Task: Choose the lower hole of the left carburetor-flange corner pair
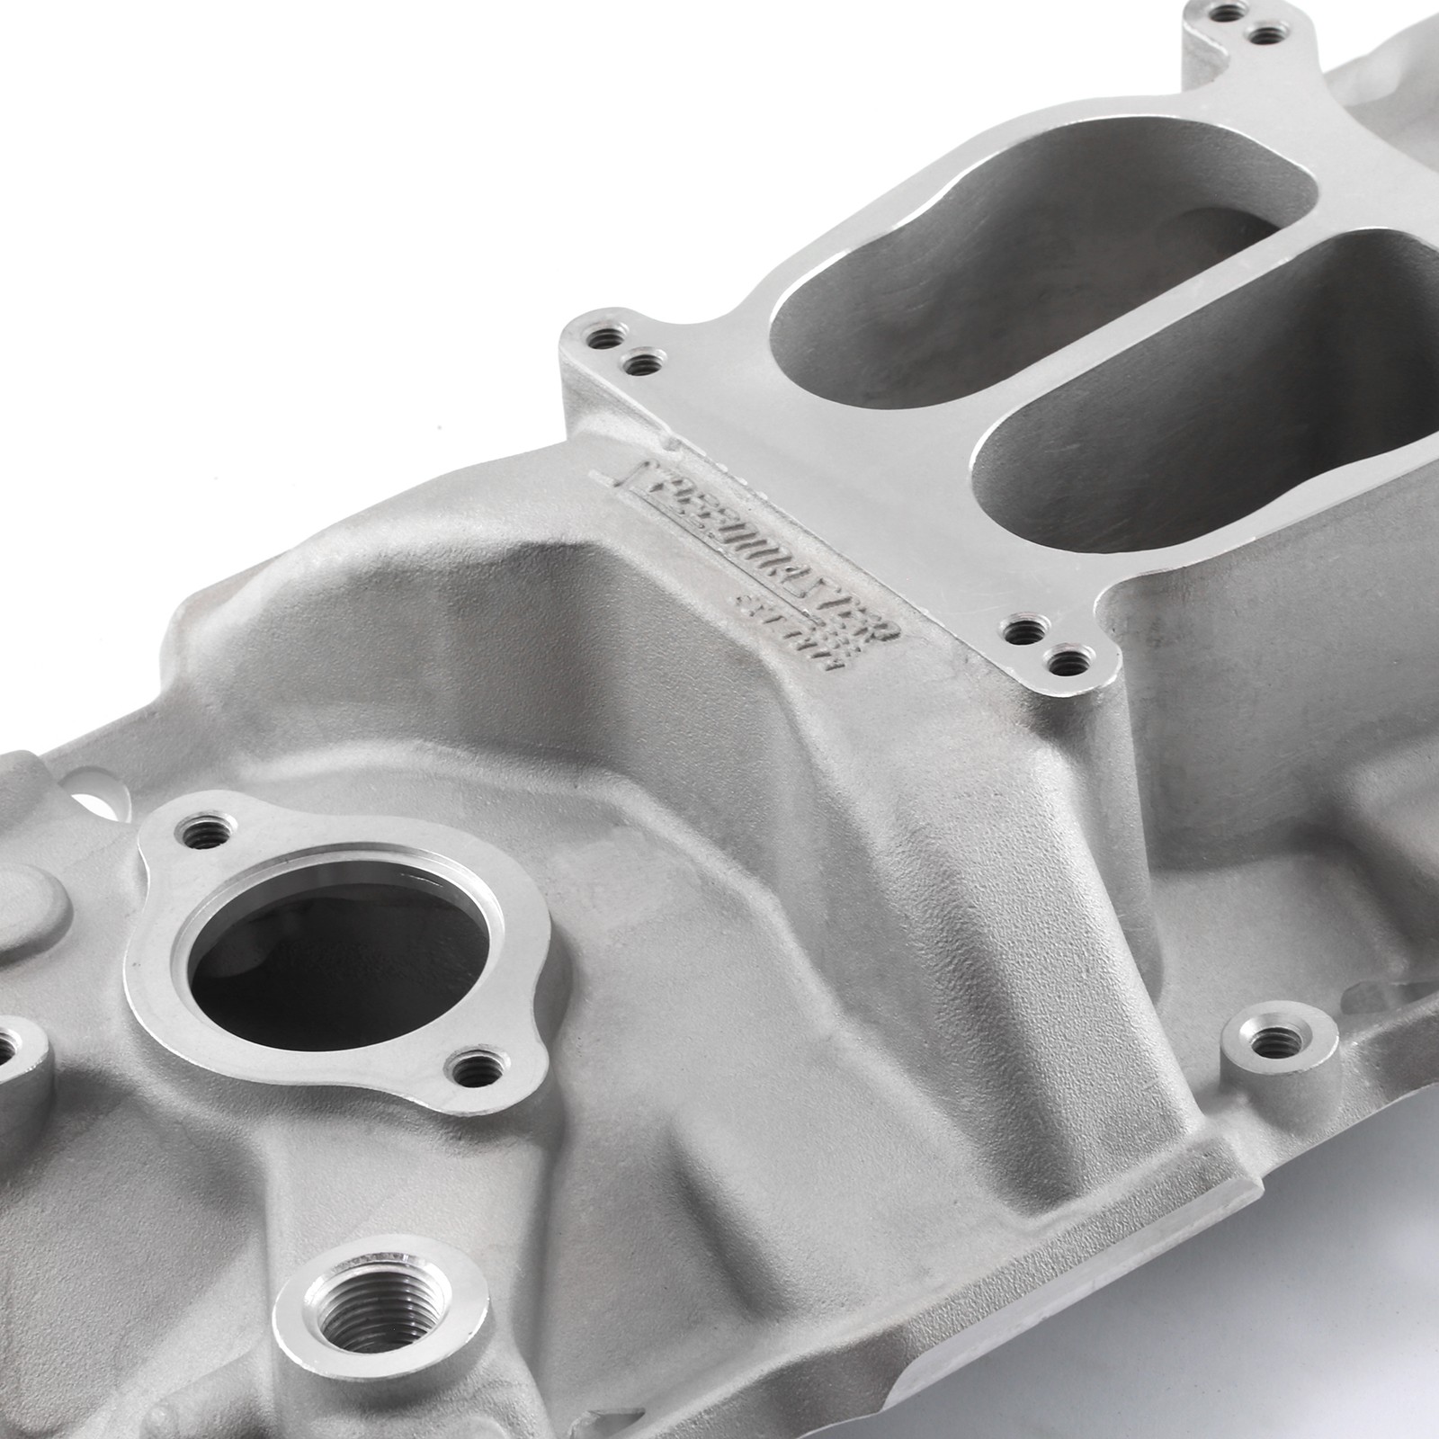coord(640,365)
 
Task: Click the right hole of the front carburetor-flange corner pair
coord(1067,663)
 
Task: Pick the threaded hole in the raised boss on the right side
coord(1270,1043)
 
